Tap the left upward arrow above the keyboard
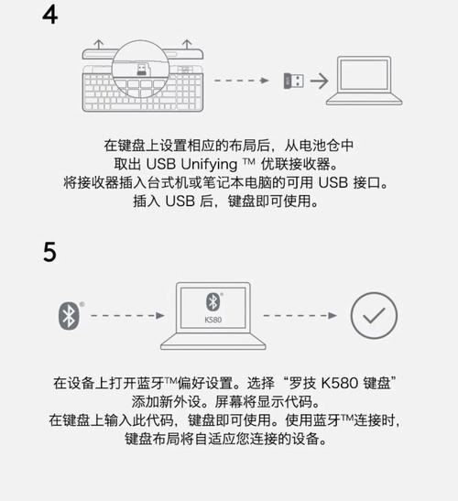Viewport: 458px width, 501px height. [98, 44]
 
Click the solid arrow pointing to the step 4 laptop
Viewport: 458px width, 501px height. [318, 81]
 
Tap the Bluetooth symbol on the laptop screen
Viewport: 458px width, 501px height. [212, 302]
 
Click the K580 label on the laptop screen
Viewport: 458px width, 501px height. [212, 321]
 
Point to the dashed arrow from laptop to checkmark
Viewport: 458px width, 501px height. [301, 315]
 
